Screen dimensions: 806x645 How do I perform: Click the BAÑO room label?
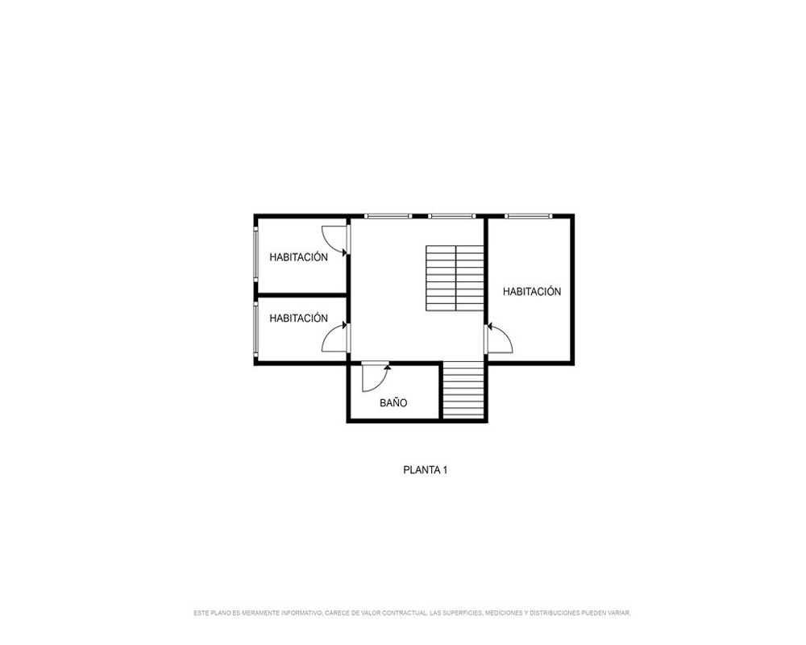pyautogui.click(x=393, y=403)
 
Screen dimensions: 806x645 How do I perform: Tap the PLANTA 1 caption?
pyautogui.click(x=425, y=469)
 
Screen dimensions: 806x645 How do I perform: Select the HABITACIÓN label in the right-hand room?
pyautogui.click(x=531, y=291)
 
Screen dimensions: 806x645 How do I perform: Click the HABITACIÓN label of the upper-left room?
pyautogui.click(x=298, y=256)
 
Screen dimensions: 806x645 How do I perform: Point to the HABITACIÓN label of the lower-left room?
pyautogui.click(x=298, y=318)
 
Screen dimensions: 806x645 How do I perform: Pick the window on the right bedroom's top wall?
pyautogui.click(x=528, y=217)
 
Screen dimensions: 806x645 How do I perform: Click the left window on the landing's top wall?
pyautogui.click(x=388, y=217)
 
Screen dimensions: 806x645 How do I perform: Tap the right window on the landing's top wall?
pyautogui.click(x=452, y=217)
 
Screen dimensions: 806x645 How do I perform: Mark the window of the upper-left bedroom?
pyautogui.click(x=256, y=255)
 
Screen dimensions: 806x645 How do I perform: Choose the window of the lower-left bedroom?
pyautogui.click(x=256, y=329)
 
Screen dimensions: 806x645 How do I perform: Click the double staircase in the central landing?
pyautogui.click(x=455, y=277)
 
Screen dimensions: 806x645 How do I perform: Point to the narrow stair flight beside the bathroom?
pyautogui.click(x=463, y=390)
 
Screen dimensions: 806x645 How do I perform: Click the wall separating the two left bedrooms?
pyautogui.click(x=302, y=295)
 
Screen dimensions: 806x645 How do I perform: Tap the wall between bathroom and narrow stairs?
pyautogui.click(x=441, y=391)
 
